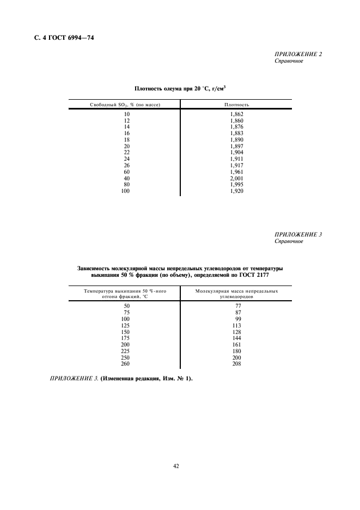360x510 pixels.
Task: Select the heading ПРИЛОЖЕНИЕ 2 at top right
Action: pyautogui.click(x=298, y=54)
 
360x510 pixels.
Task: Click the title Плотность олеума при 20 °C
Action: pyautogui.click(x=180, y=88)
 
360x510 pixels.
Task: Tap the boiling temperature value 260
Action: pyautogui.click(x=126, y=363)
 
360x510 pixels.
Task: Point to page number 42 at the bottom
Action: pyautogui.click(x=176, y=466)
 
